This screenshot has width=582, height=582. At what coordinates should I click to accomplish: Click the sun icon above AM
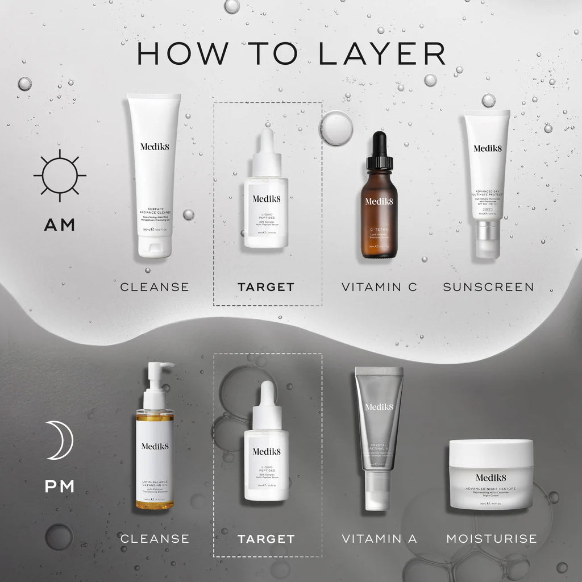(x=60, y=175)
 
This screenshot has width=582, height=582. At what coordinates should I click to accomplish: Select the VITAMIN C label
(x=379, y=287)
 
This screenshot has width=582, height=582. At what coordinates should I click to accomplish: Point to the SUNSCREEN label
(x=488, y=287)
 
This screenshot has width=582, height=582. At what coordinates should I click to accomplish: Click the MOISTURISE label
(x=491, y=538)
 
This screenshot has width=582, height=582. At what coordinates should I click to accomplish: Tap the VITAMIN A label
(x=379, y=538)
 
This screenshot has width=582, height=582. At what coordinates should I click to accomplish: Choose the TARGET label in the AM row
(x=266, y=287)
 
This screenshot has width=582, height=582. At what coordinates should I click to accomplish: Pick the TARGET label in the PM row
(x=266, y=538)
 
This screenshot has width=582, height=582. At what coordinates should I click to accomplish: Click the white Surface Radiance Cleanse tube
(x=153, y=176)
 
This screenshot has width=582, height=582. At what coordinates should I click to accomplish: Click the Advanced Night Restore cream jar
(x=491, y=475)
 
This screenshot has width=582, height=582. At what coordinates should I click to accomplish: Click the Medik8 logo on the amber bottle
(x=379, y=201)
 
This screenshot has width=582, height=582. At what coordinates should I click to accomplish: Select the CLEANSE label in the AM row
(x=155, y=287)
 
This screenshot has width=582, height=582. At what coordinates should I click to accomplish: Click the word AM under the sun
(x=60, y=225)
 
